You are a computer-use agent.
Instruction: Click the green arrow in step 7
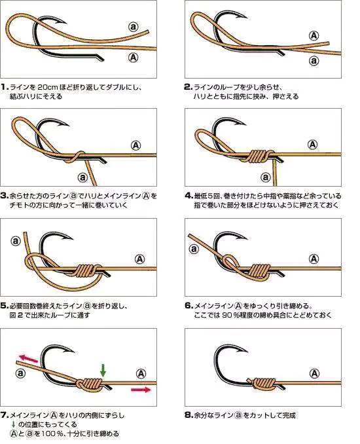click(103, 371)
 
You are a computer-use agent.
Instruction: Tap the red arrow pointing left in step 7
click(28, 358)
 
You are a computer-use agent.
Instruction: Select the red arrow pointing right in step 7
click(141, 390)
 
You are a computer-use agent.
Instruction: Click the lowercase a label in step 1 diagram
click(134, 27)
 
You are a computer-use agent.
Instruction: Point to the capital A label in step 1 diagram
click(134, 58)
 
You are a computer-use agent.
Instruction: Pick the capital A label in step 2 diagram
click(314, 35)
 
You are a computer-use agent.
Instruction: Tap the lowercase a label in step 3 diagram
click(82, 177)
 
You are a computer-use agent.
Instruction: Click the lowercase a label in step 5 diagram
click(16, 241)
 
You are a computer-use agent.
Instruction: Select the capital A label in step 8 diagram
click(314, 374)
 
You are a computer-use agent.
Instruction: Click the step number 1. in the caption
click(5, 87)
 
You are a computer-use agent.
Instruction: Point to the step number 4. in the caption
click(189, 196)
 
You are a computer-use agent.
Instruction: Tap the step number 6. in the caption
click(189, 306)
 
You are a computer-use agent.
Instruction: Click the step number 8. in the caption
click(189, 415)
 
